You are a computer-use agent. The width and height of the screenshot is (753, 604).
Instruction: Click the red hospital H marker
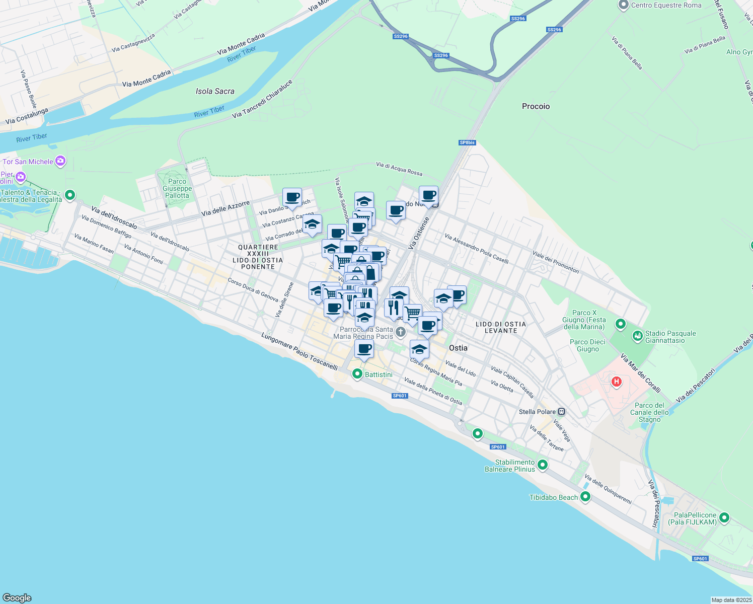pos(616,382)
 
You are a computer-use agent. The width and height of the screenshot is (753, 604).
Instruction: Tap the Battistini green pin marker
pos(357,374)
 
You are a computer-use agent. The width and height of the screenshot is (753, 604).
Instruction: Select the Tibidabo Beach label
pos(554,497)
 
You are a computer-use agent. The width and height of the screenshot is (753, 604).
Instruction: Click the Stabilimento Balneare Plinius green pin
pos(543,465)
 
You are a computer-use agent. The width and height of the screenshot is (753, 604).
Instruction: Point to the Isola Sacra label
pos(215,91)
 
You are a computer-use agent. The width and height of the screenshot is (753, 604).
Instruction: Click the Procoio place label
pos(536,106)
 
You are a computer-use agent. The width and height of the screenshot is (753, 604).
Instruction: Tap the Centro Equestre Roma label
pos(666,5)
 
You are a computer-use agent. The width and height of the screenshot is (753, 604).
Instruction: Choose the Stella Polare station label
pos(537,412)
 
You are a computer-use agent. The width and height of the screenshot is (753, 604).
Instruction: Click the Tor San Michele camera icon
pos(60,161)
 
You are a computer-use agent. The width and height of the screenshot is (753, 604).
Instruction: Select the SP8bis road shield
pos(467,142)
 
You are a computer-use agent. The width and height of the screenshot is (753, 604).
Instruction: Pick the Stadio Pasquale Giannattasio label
pos(670,337)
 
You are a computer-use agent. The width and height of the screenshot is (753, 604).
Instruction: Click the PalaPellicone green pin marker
pos(724,517)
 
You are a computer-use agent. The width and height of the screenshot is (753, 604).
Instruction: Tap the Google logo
pos(17,597)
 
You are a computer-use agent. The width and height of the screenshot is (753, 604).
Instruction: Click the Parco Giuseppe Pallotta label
pos(177,188)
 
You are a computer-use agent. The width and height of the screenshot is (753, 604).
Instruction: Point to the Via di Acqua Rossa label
pos(399,169)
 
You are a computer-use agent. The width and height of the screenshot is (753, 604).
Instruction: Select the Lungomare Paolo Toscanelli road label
pos(299,351)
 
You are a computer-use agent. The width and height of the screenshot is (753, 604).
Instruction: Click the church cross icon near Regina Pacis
pos(401,331)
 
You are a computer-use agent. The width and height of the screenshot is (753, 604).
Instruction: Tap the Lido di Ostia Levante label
pos(500,327)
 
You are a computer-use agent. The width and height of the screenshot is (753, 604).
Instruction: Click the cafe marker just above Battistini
pos(364,348)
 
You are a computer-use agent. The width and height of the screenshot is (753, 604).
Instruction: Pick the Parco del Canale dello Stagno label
pos(649,412)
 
